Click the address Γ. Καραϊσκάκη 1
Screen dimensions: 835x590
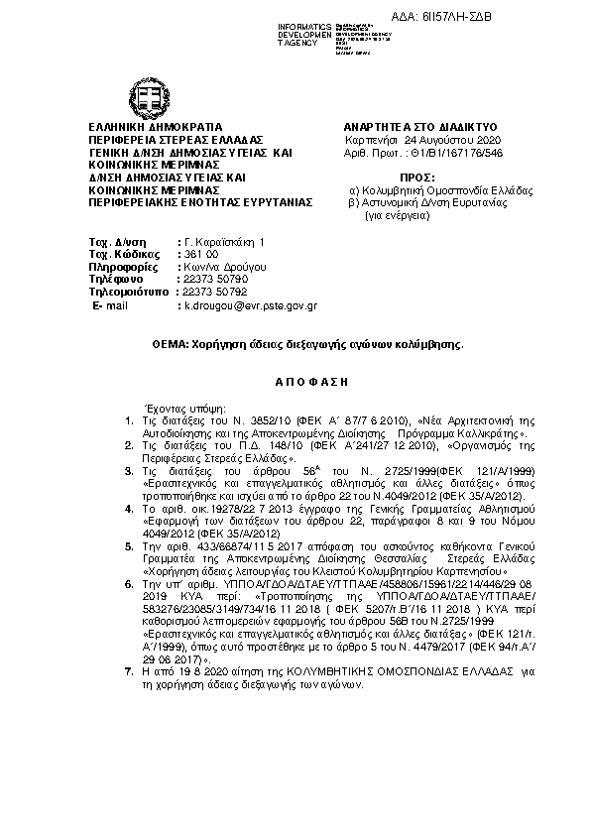pyautogui.click(x=227, y=241)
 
